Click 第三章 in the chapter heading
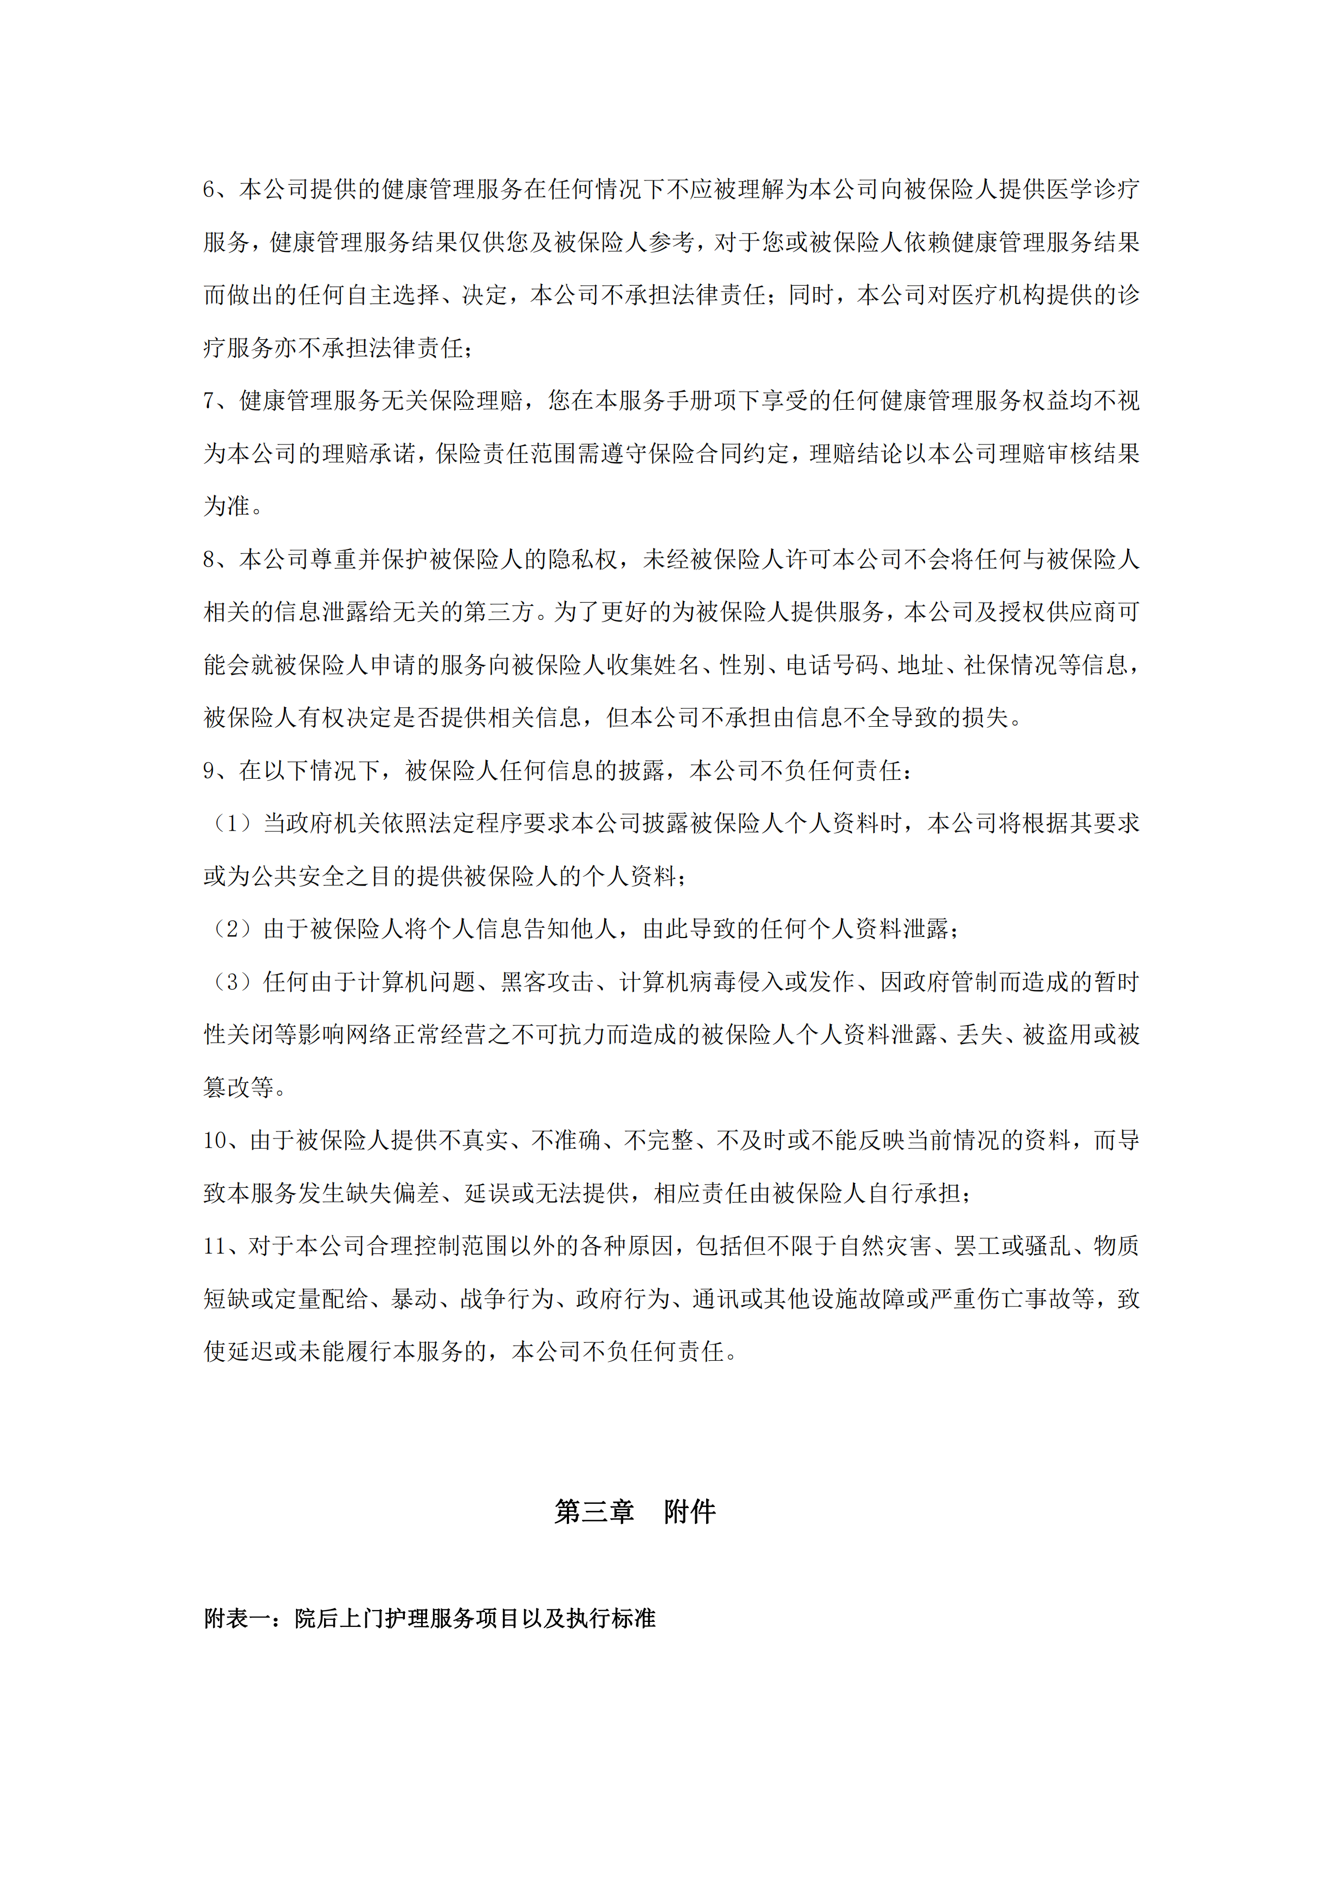tap(594, 1512)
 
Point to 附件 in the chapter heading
tap(690, 1512)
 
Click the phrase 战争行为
tap(507, 1299)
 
